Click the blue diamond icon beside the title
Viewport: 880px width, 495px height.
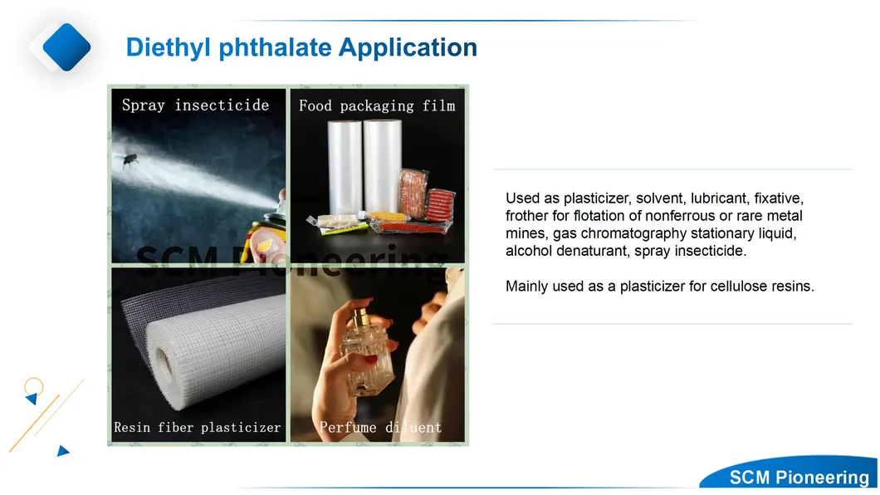click(x=66, y=47)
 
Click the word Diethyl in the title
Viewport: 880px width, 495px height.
click(x=169, y=48)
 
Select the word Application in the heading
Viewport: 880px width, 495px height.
click(x=408, y=48)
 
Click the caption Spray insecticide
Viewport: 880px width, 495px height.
click(x=195, y=105)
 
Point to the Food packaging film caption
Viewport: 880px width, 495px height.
click(x=377, y=105)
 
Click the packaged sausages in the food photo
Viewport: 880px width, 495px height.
click(x=440, y=205)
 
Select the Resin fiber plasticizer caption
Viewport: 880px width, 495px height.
click(x=197, y=428)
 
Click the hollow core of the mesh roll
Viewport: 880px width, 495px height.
click(x=165, y=365)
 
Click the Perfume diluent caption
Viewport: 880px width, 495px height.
click(x=380, y=428)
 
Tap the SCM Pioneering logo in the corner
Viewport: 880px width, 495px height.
click(x=799, y=477)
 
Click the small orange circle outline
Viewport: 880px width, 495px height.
click(x=34, y=387)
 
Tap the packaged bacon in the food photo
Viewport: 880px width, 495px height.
click(x=413, y=194)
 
